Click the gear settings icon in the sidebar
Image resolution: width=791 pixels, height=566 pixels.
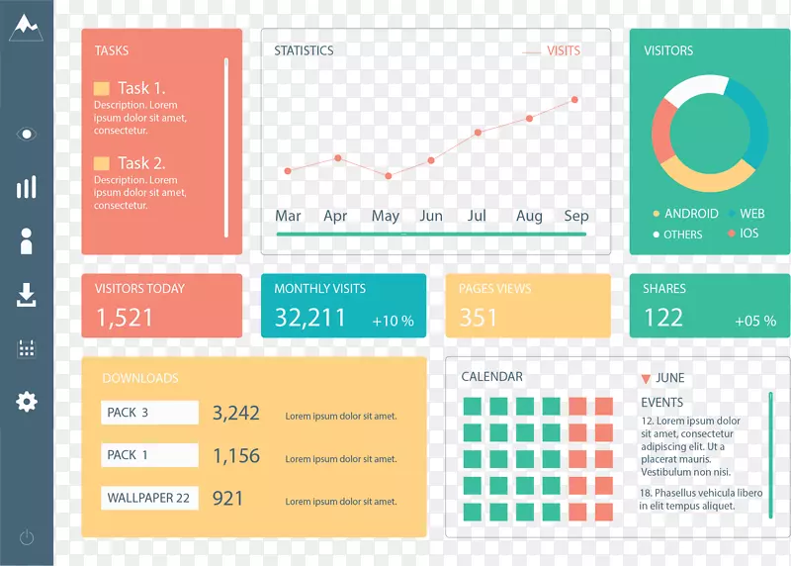27,401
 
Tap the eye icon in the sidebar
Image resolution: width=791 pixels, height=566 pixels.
27,134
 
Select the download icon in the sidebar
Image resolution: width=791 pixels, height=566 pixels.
27,294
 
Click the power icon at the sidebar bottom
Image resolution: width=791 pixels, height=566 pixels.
27,537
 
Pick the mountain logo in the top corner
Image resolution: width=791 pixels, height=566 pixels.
26,28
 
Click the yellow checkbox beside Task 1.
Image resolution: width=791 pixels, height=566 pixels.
102,88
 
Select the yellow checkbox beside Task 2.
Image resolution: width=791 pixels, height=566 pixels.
102,163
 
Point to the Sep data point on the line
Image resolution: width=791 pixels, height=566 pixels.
574,99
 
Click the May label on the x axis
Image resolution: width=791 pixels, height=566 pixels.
385,216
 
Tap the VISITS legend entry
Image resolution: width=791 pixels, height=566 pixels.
563,50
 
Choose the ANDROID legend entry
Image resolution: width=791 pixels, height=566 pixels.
690,213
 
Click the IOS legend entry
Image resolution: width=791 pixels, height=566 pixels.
748,234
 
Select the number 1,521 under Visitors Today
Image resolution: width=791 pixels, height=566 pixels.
125,317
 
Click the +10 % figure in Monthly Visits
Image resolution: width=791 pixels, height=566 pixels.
393,321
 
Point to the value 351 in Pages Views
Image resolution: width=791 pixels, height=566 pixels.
479,317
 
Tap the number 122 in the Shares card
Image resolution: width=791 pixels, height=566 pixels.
663,317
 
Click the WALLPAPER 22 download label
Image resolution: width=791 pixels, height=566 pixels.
149,498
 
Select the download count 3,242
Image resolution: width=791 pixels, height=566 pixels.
236,413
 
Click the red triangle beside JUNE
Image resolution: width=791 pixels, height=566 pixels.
646,378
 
